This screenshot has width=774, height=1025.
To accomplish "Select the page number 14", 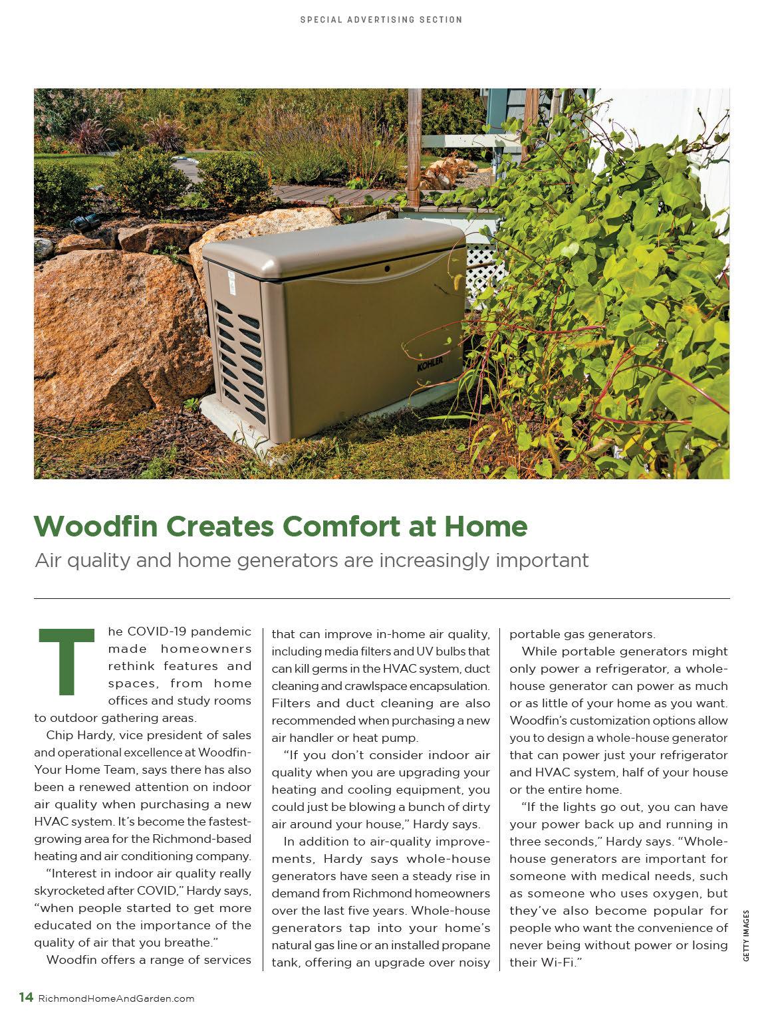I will click(x=26, y=997).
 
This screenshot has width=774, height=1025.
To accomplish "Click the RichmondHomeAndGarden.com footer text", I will click(x=117, y=998).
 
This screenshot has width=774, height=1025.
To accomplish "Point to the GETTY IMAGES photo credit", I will click(x=746, y=935).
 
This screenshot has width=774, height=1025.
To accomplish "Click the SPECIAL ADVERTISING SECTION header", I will click(x=381, y=20).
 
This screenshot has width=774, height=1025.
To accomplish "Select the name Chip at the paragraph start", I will click(x=60, y=735).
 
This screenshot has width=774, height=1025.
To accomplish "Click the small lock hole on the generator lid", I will click(x=386, y=269).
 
